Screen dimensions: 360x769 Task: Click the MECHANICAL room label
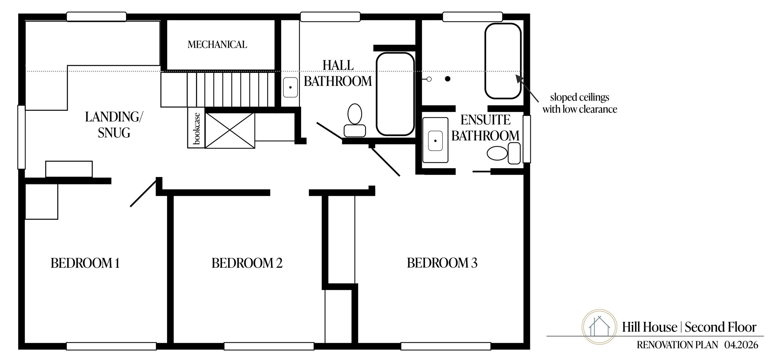coord(217,45)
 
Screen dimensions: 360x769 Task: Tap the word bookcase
coord(196,128)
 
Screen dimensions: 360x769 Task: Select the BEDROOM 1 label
coord(85,263)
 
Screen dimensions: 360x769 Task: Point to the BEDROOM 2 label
coord(247,263)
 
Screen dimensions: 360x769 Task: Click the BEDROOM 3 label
coord(442,263)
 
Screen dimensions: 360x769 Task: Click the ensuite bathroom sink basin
coord(435,141)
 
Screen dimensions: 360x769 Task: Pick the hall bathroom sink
coord(290,87)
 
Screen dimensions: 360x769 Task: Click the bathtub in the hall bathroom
coord(395,94)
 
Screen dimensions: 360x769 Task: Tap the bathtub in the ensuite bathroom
coord(503,61)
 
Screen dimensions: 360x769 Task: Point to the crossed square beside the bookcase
coord(230,130)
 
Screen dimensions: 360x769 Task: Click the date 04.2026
coord(741,345)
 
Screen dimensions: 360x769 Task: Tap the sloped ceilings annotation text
coord(580,103)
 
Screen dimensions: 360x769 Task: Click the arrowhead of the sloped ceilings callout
coord(519,78)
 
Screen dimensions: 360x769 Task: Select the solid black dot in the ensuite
coord(448,79)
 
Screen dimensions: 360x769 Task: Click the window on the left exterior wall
coord(21,137)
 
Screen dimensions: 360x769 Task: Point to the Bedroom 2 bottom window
coord(269,346)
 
